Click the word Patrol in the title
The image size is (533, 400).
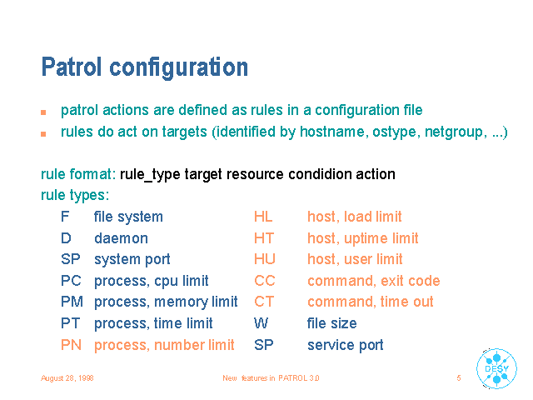pos(72,67)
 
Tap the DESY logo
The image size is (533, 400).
pos(496,368)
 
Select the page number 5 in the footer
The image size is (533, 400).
pos(459,377)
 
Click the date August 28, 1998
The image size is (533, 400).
pos(67,377)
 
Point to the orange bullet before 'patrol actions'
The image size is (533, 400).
pos(43,112)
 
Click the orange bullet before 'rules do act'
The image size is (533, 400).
pos(43,134)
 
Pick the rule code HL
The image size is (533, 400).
pos(263,217)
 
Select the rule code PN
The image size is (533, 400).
pos(71,345)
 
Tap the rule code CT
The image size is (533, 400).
pos(264,302)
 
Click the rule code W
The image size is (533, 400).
pos(261,323)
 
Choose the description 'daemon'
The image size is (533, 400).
pos(121,238)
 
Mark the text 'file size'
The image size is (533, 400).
pos(332,323)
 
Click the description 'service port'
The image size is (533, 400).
pos(346,345)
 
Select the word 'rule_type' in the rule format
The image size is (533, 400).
pos(150,175)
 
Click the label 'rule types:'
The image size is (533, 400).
pos(75,196)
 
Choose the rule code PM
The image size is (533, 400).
pos(72,302)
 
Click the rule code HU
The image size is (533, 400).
pos(265,259)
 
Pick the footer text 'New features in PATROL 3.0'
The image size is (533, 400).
pos(271,377)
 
